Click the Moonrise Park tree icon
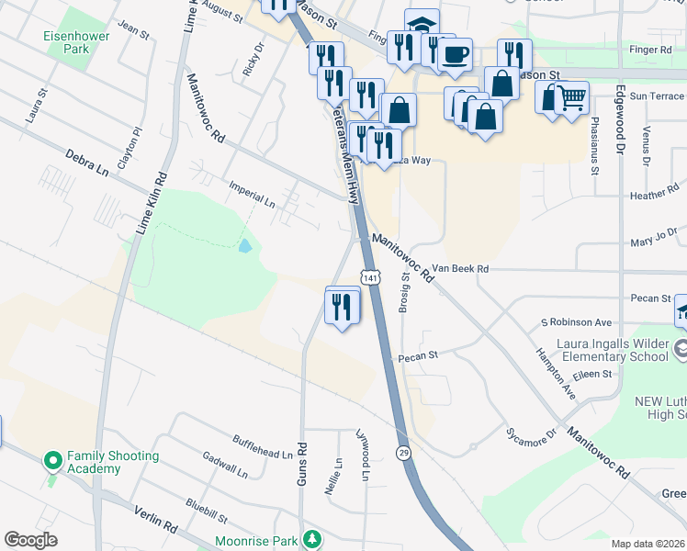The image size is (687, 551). tap(313, 538)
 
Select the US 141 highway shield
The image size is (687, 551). tap(369, 277)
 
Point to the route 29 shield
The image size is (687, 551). tap(403, 453)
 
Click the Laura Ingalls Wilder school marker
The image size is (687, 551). tap(681, 349)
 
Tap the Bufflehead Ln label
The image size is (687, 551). tap(262, 446)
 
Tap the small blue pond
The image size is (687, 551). tap(243, 246)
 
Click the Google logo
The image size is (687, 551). tap(30, 540)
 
